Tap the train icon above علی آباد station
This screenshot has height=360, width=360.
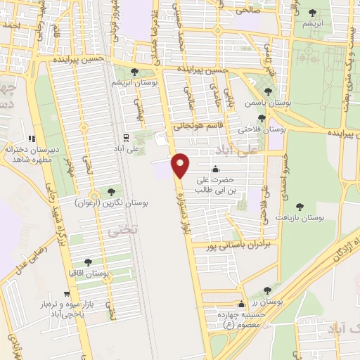point(125,137)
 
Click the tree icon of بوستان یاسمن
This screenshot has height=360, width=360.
point(267,91)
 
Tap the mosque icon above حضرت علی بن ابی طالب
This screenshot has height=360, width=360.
point(215,169)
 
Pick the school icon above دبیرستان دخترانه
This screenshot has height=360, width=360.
point(31,139)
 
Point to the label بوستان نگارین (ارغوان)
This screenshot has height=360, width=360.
point(111,202)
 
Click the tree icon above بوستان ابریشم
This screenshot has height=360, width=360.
point(134,71)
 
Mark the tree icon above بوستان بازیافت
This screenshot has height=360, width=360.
point(300,207)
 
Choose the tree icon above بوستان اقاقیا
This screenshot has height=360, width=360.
point(87,262)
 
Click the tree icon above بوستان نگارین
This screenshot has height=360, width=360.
point(111,191)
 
